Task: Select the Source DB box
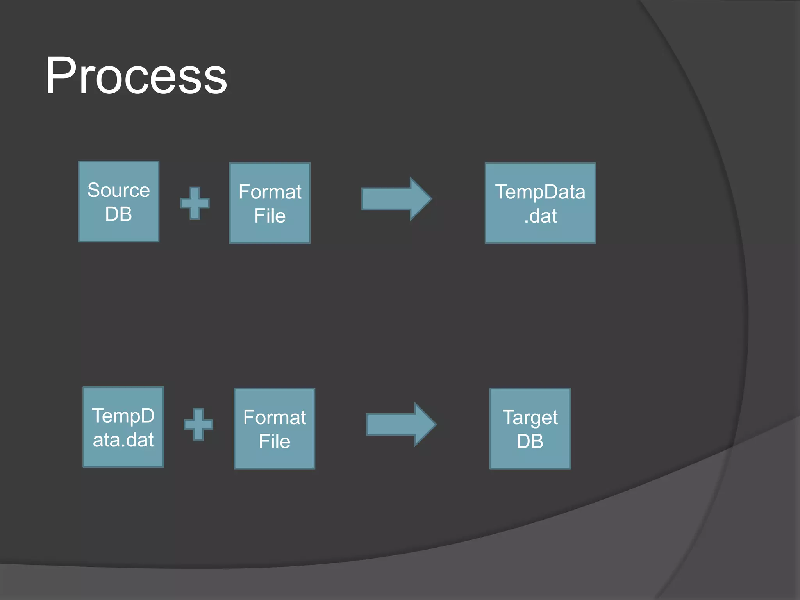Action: [119, 202]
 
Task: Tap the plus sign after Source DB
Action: [195, 203]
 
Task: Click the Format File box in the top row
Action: [270, 203]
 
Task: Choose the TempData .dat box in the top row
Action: [540, 203]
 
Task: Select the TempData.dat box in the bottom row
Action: [123, 427]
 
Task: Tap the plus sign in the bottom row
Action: [198, 424]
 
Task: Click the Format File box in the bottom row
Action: [275, 429]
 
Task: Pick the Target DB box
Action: [530, 429]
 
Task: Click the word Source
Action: [119, 190]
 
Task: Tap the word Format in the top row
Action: [270, 192]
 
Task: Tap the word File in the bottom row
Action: [275, 441]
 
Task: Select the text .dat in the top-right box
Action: [541, 216]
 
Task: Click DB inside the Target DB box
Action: [530, 441]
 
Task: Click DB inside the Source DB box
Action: [119, 214]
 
